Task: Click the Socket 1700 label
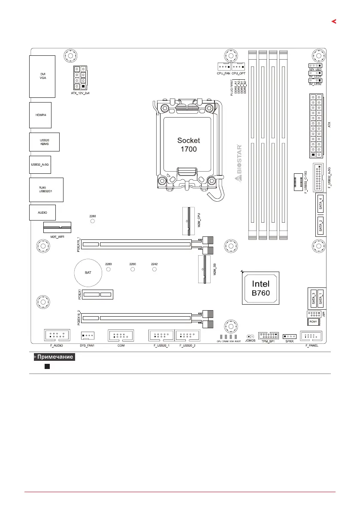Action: pos(189,145)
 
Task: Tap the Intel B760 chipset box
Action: pos(261,288)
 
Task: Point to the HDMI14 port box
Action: pos(40,115)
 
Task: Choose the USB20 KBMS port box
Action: pos(44,142)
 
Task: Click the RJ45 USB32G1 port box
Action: pos(46,189)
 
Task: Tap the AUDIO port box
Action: pos(42,212)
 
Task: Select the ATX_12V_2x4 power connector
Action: pos(79,78)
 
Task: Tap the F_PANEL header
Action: pos(312,336)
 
